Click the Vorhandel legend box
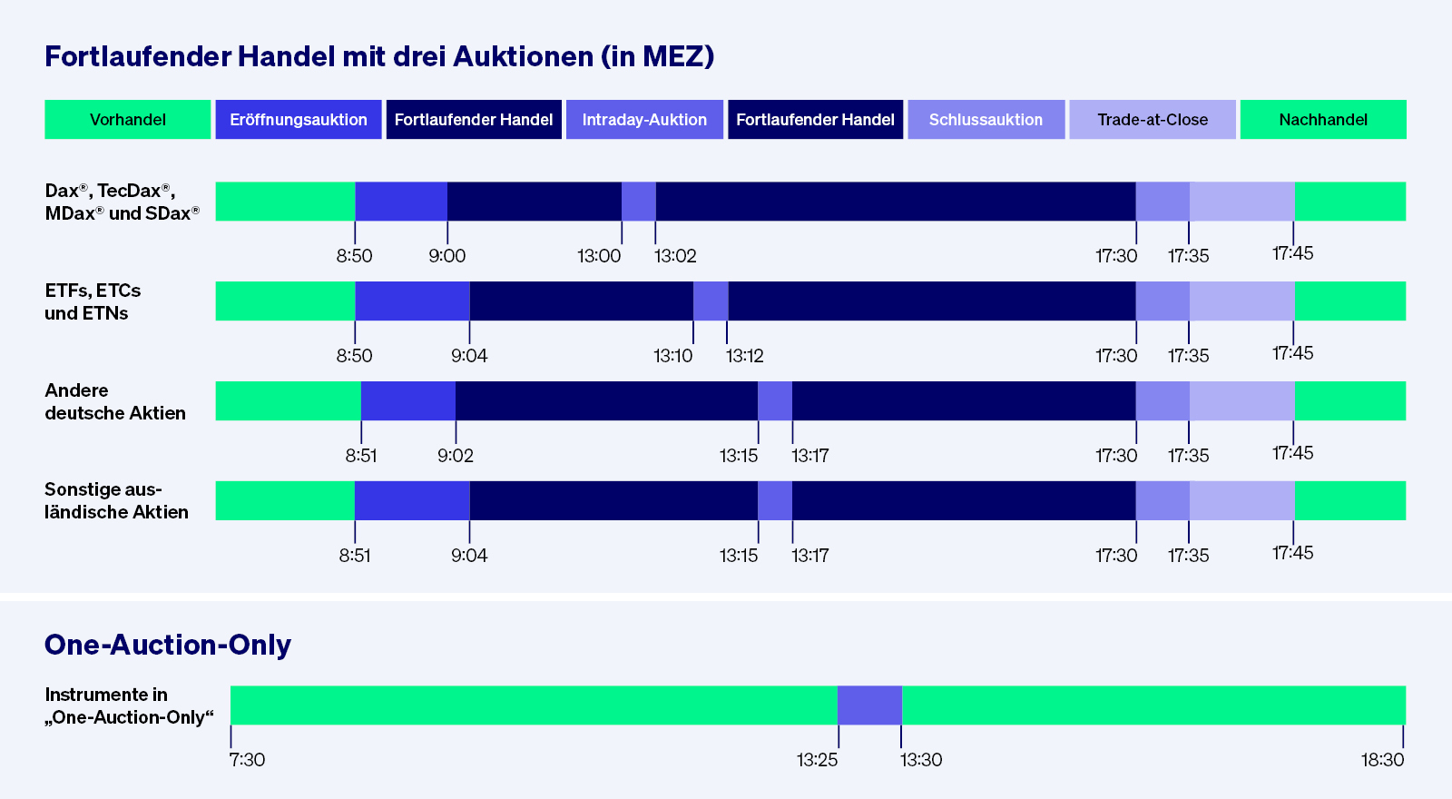[128, 120]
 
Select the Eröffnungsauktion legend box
[299, 120]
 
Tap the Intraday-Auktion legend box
[644, 120]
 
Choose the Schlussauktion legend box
[986, 120]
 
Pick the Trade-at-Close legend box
[1153, 120]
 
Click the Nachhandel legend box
[1323, 120]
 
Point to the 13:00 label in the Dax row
[599, 256]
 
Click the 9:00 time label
[447, 256]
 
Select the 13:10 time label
[672, 356]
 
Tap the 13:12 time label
[745, 356]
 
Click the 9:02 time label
[456, 456]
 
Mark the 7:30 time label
[247, 760]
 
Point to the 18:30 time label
[1382, 760]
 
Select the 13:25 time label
[817, 760]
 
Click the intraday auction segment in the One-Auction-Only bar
[869, 705]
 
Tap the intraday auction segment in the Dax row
[639, 202]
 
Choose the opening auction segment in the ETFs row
[412, 301]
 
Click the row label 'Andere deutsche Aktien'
[115, 401]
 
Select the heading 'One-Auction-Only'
[168, 645]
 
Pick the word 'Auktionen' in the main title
[523, 56]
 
